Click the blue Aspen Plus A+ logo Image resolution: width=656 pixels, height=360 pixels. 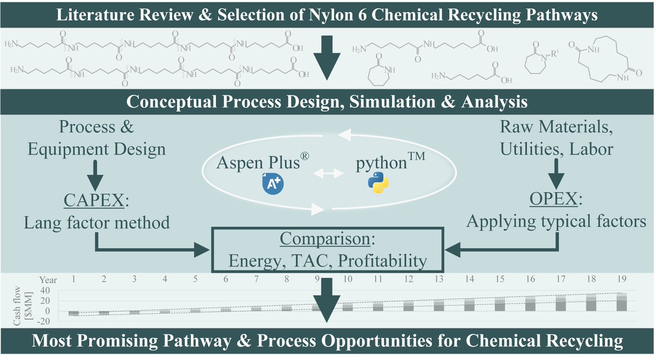pos(273,184)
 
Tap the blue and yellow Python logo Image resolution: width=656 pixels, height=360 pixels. pos(378,182)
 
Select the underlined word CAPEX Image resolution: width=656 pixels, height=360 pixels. pos(94,200)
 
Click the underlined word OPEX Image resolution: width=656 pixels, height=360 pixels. pos(553,199)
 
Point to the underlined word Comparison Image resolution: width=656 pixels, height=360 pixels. pos(325,239)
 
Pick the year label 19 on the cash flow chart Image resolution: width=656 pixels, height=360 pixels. pos(622,279)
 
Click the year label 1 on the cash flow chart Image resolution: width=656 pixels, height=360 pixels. pos(73,279)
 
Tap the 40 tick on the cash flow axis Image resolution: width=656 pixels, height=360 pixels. pos(45,291)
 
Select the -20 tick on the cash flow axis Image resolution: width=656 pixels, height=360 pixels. pos(44,321)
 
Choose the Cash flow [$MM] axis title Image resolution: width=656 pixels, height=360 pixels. pos(23,305)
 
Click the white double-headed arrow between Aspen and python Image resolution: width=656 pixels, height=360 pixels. pos(329,173)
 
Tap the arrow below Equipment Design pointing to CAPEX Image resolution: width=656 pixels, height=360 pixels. pos(95,175)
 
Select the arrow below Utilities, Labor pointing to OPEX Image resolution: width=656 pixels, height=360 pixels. pos(556,174)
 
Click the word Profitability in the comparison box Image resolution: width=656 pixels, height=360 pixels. pos(383,261)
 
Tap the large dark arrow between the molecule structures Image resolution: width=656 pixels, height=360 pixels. pos(327,58)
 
